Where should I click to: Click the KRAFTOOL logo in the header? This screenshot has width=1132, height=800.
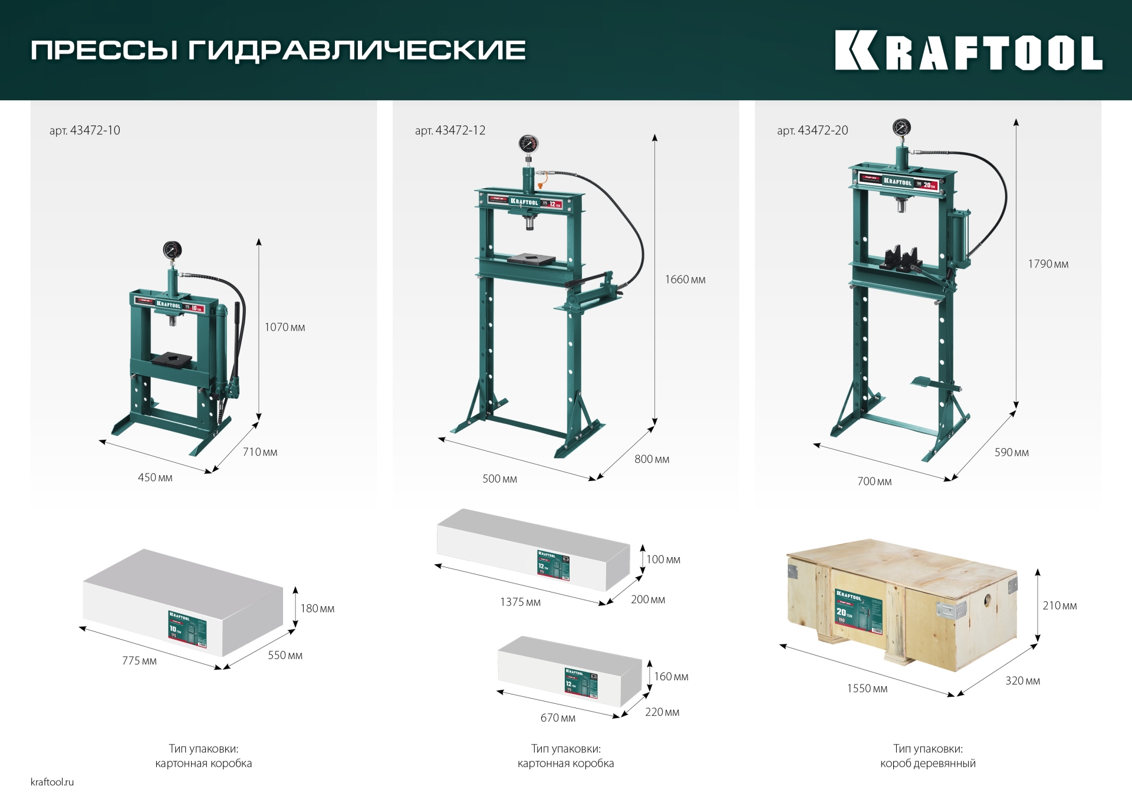tap(968, 51)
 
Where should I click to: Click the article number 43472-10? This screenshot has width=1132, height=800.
tap(85, 130)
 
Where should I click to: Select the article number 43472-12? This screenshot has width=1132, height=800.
tap(450, 130)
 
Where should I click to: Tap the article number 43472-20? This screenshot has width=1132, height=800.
tap(812, 130)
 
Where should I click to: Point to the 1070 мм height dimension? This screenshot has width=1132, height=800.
tap(284, 327)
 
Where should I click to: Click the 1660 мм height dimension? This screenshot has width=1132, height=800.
tap(685, 279)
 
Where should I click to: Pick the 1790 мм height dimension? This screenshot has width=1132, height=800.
tap(1048, 264)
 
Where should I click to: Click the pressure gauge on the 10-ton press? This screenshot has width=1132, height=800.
tap(172, 251)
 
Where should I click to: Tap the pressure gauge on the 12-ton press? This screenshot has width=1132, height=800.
tap(528, 144)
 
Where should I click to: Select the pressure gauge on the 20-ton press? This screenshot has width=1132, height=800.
tap(901, 127)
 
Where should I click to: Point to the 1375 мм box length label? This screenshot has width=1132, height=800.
tap(520, 602)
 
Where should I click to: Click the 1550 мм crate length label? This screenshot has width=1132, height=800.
tap(867, 689)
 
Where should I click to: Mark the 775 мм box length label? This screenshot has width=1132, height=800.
tap(139, 661)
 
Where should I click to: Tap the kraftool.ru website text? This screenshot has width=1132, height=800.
tap(52, 782)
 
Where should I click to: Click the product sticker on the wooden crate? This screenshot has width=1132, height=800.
tap(858, 611)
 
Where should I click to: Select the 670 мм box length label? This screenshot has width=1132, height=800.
tap(558, 717)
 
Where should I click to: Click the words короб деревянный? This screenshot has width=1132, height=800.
tap(927, 763)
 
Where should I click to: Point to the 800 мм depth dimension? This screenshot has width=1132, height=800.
tap(651, 459)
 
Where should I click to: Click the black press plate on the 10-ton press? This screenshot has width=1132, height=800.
tap(172, 359)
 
